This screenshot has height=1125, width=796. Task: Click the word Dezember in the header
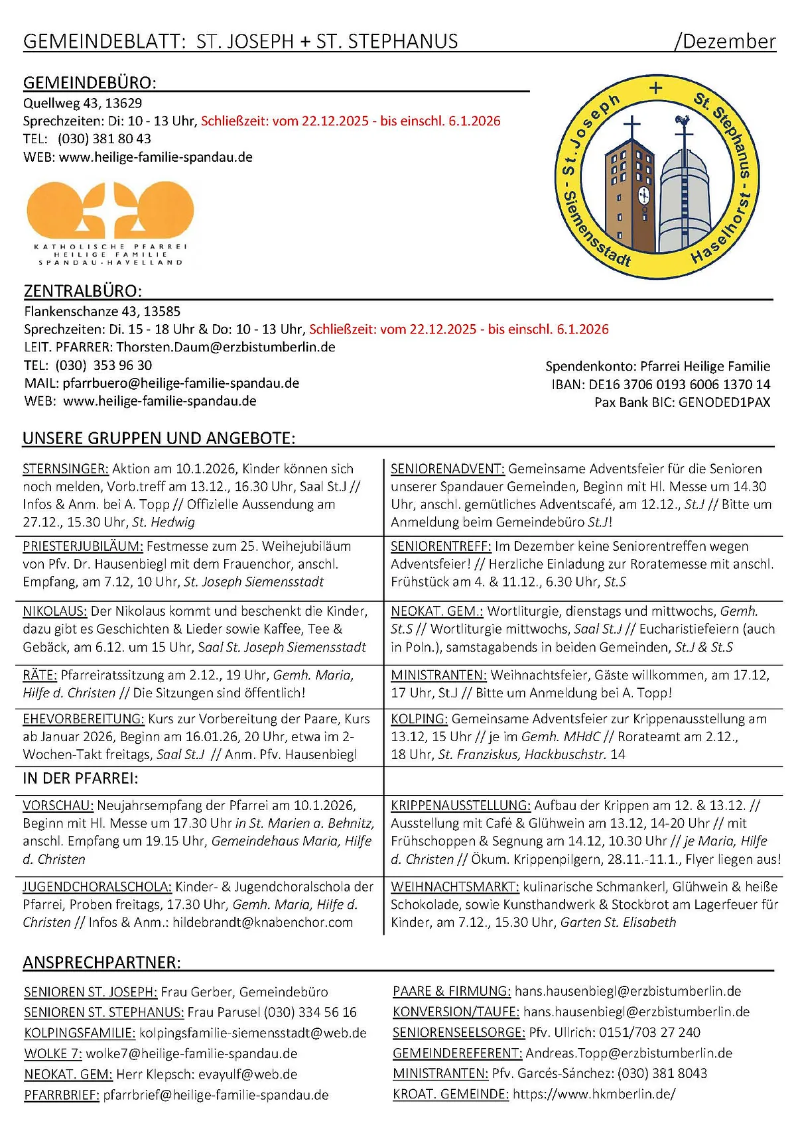click(728, 41)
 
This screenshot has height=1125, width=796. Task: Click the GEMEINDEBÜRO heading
click(90, 83)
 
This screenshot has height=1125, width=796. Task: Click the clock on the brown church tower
click(643, 196)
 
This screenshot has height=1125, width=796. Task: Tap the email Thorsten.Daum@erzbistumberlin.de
click(226, 347)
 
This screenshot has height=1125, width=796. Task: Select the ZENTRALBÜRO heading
click(83, 291)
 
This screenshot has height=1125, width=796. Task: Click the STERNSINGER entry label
click(65, 469)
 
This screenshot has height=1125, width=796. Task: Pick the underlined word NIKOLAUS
click(54, 611)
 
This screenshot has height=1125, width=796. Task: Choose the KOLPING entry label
click(419, 719)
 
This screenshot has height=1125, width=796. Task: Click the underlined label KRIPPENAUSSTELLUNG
click(460, 805)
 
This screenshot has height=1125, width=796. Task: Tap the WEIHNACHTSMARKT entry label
click(454, 886)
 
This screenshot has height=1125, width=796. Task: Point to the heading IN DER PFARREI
click(80, 778)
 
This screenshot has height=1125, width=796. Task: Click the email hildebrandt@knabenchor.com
click(263, 922)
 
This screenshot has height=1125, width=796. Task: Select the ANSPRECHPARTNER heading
click(101, 963)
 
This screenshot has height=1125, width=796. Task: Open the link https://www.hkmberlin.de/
click(594, 1094)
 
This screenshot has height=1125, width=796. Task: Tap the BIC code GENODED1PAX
click(724, 402)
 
